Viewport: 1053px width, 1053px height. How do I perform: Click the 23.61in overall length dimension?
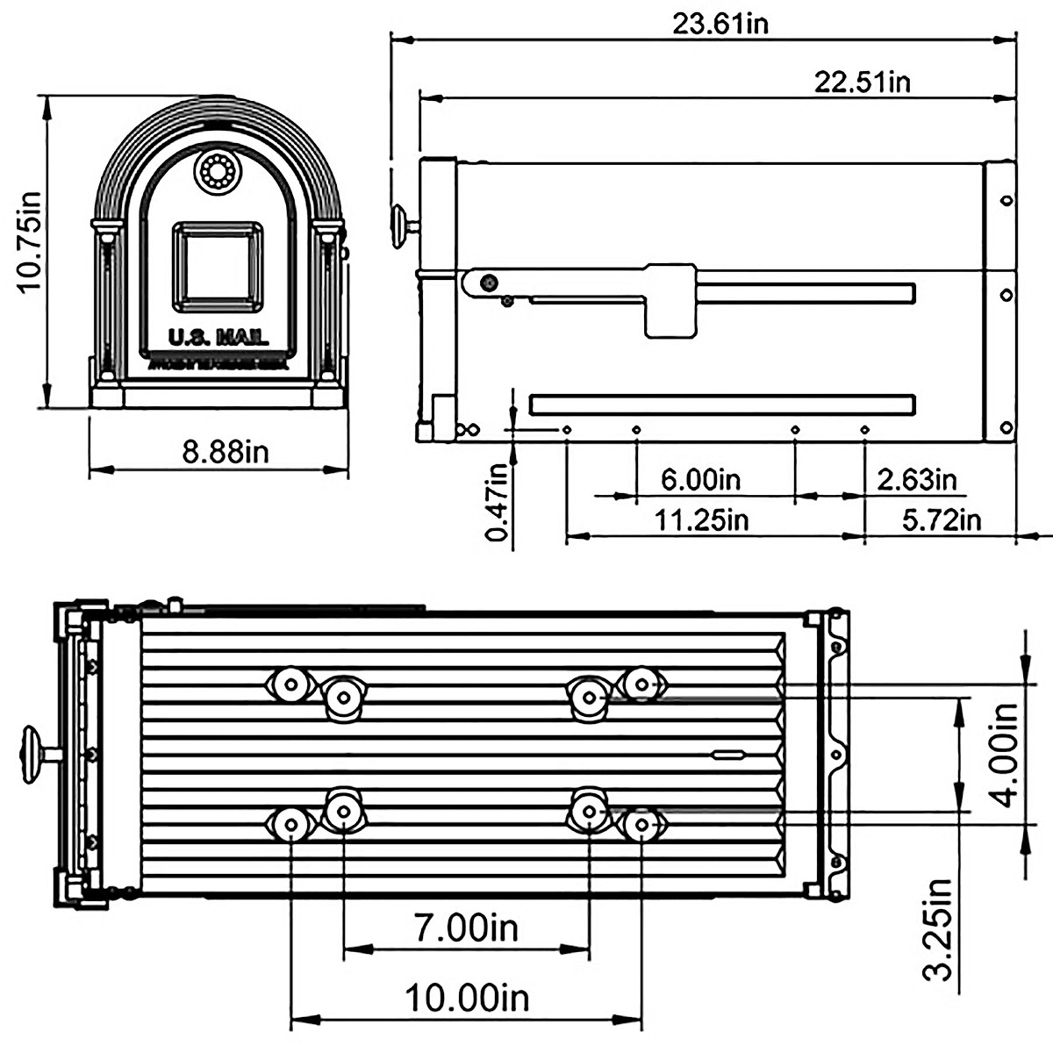(720, 23)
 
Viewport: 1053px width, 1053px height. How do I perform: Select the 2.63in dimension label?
(916, 480)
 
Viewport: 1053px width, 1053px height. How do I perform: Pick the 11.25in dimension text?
(702, 519)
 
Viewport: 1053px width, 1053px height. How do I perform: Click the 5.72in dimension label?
(942, 519)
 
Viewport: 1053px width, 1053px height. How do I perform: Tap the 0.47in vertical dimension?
(498, 504)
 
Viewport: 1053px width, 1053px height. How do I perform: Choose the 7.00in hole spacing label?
(466, 927)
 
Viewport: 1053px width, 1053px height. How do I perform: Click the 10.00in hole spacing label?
(466, 998)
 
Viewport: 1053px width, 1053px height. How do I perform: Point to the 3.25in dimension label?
(941, 928)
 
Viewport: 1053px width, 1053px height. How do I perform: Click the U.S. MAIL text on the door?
(218, 338)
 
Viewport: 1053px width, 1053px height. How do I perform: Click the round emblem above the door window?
(216, 172)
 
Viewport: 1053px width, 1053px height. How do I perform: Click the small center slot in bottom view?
(727, 754)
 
